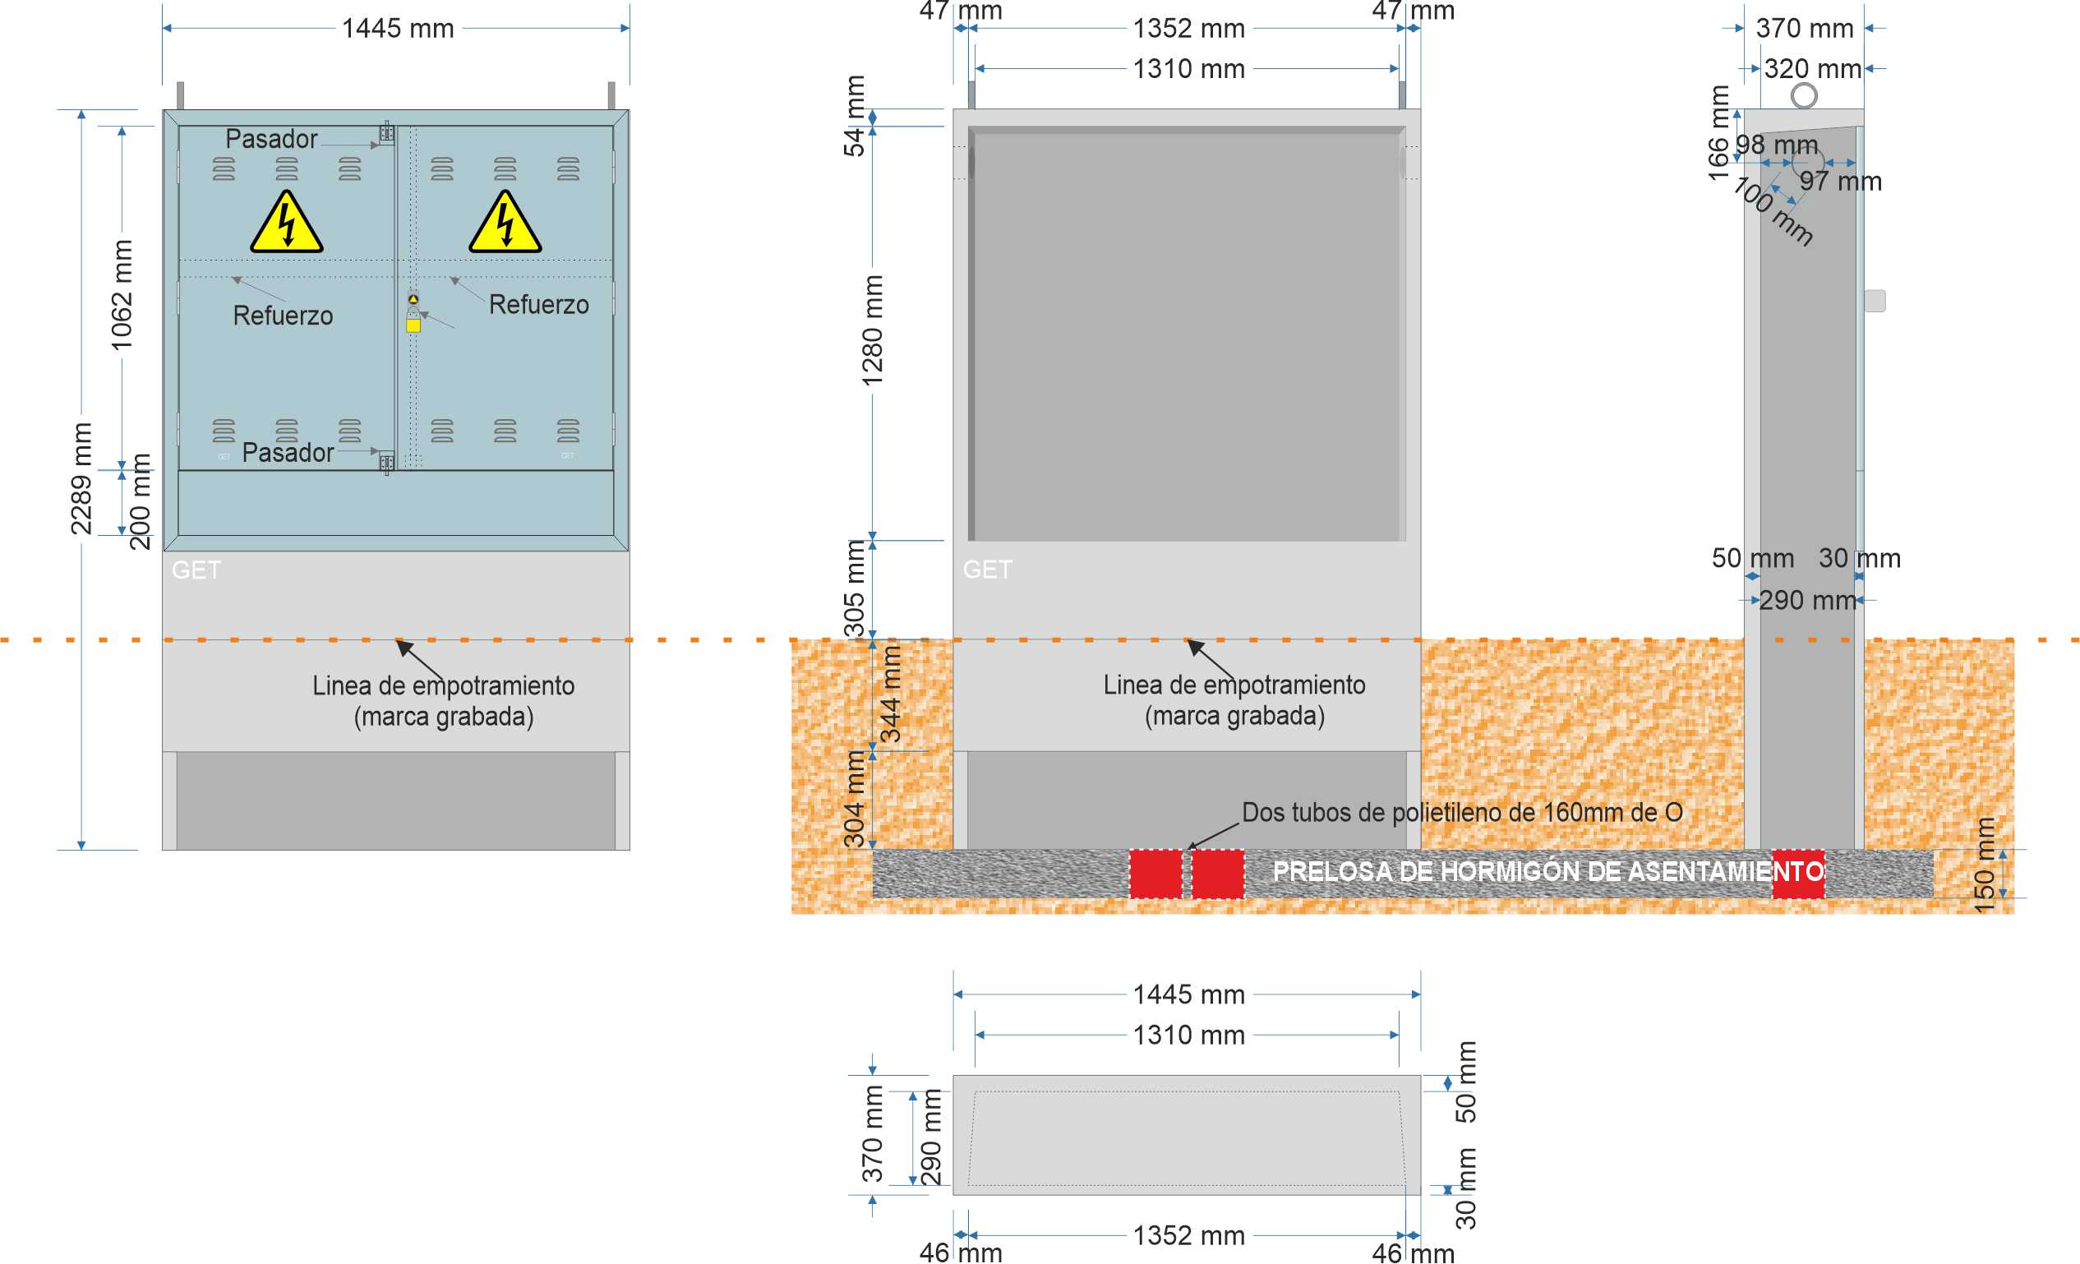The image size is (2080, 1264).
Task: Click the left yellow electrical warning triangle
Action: point(286,223)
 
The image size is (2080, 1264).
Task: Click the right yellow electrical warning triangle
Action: point(505,223)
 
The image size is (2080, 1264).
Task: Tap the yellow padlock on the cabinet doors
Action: point(413,325)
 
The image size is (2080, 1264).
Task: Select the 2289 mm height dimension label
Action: point(81,479)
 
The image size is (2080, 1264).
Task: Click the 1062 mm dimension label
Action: point(122,295)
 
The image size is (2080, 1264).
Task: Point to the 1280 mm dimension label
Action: point(872,330)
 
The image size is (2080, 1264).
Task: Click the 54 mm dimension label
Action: point(856,117)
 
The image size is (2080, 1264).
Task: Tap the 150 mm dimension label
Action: point(1985,865)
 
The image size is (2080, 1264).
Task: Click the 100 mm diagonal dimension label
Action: point(1773,211)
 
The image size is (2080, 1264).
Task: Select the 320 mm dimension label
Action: point(1812,69)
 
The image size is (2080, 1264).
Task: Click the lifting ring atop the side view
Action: point(1804,95)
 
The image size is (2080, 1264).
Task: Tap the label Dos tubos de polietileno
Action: point(1462,812)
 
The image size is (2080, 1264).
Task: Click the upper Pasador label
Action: point(271,138)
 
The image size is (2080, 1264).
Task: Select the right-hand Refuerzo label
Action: point(538,305)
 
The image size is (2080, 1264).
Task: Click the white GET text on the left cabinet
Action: point(196,570)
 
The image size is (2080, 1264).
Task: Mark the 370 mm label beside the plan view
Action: point(872,1133)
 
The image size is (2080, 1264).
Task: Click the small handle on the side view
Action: point(1875,301)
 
